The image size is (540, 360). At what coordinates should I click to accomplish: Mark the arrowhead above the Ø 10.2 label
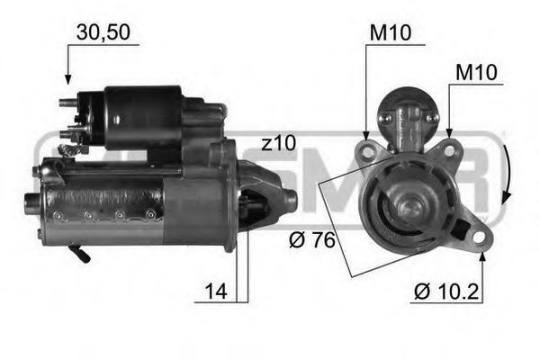coord(482,258)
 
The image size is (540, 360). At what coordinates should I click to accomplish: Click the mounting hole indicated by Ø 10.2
coord(478,238)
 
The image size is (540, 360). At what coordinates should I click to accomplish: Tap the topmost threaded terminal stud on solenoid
coord(65,103)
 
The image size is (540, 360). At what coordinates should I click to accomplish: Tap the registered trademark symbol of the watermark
coord(491,220)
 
